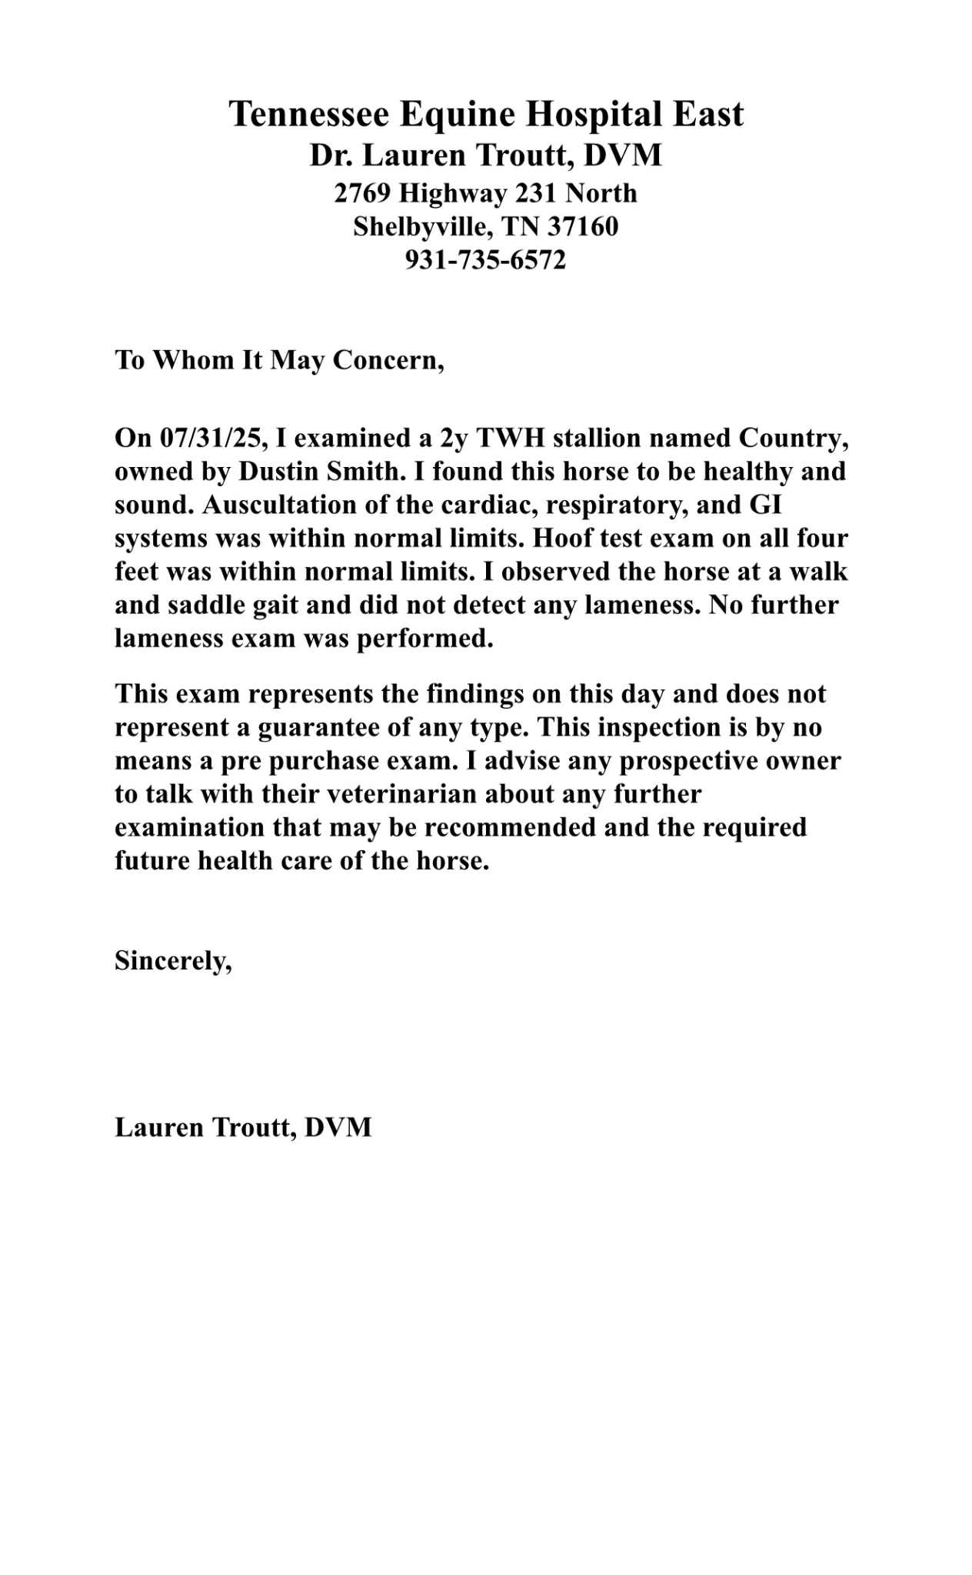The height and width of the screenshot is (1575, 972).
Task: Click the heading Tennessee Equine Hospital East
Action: pyautogui.click(x=486, y=114)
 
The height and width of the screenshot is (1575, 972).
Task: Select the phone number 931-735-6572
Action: pyautogui.click(x=485, y=260)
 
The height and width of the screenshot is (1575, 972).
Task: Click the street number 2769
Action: pyautogui.click(x=362, y=192)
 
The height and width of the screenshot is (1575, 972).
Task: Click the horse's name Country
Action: pyautogui.click(x=792, y=438)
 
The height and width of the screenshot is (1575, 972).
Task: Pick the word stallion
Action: pyautogui.click(x=603, y=438)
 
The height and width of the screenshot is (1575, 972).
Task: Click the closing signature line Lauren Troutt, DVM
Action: pyautogui.click(x=243, y=1127)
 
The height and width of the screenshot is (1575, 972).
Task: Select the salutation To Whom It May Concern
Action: pyautogui.click(x=279, y=359)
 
